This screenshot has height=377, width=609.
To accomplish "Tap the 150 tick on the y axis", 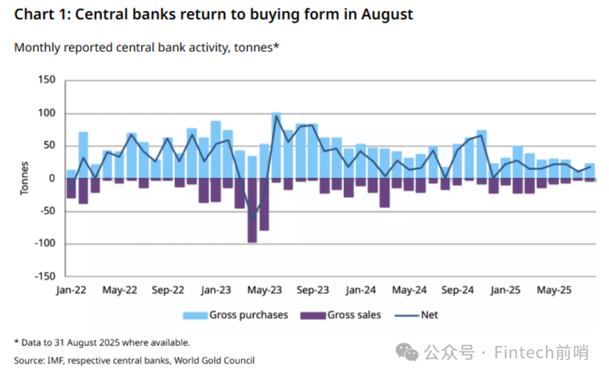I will tap(47, 80).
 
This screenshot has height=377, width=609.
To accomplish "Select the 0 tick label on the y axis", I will tap(53, 179).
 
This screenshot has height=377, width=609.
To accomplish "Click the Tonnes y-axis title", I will tap(24, 179).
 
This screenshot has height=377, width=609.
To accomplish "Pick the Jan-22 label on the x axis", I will tap(71, 290).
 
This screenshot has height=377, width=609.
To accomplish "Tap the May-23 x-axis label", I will tap(264, 290).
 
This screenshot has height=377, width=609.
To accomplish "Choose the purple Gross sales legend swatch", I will tap(313, 316).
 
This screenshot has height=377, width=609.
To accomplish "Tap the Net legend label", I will tap(429, 315).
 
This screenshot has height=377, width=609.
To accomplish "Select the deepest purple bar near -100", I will tap(252, 211).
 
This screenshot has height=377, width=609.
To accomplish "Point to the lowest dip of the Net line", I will tap(252, 219).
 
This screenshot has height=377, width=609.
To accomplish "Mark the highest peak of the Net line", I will tap(276, 116).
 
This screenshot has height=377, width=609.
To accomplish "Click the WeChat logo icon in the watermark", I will tap(410, 353).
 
